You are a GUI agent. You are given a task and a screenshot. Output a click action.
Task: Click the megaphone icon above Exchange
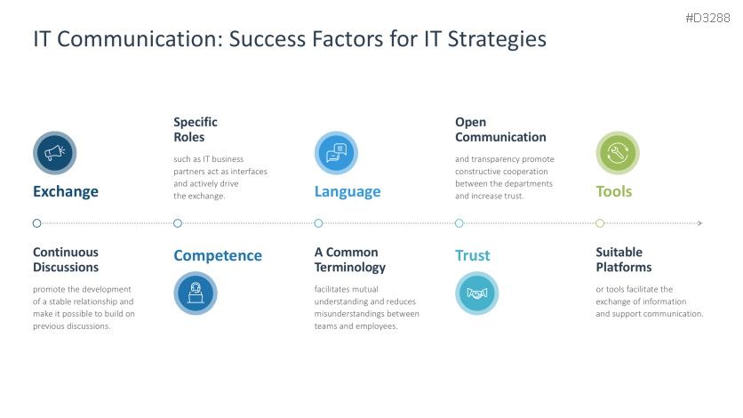[x=55, y=153]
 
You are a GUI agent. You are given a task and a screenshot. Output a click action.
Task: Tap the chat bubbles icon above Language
[x=336, y=153]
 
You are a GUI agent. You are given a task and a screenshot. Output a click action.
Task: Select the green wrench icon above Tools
[x=617, y=153]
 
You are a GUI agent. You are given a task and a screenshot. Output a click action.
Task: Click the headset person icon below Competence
[x=196, y=293]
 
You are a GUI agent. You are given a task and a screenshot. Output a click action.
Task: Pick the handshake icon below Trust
[x=477, y=293]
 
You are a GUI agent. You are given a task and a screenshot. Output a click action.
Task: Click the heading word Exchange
[x=66, y=191]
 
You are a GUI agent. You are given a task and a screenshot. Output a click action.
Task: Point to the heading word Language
[x=348, y=191]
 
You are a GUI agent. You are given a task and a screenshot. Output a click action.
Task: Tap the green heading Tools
[x=614, y=191]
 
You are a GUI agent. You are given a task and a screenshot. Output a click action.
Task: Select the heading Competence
[x=218, y=255]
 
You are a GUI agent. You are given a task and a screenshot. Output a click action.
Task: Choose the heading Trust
[x=473, y=255]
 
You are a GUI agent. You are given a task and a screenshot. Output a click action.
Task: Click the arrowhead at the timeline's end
[x=700, y=223]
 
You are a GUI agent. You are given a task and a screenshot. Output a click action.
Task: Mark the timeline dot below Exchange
[x=36, y=223]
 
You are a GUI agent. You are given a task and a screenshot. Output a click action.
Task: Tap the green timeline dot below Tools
[x=600, y=223]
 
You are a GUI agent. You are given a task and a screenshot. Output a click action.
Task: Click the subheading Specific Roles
[x=196, y=130]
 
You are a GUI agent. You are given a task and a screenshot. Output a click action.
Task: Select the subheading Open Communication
[x=500, y=130]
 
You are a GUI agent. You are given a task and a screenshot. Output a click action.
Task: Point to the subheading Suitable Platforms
[x=623, y=260]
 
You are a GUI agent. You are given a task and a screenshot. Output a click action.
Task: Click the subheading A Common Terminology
[x=350, y=260]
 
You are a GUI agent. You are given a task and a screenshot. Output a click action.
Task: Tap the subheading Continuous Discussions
[x=66, y=260]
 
